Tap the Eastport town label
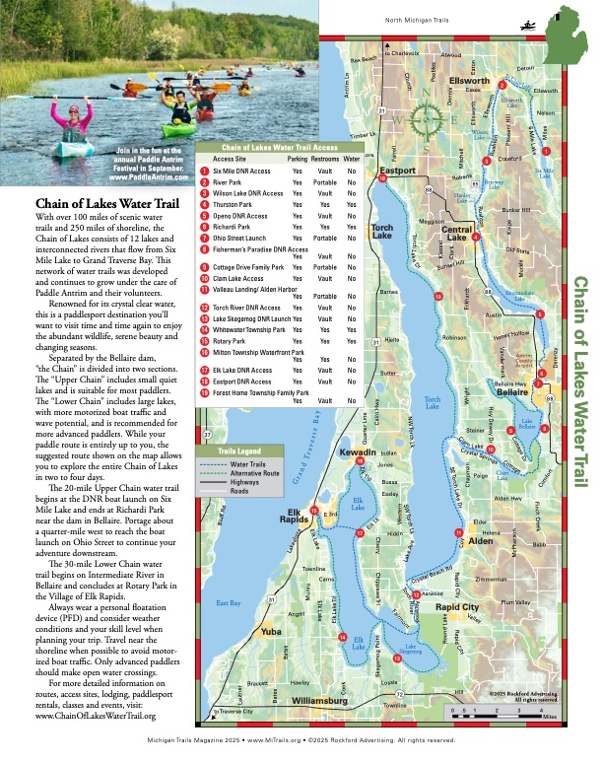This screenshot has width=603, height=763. coord(398,171)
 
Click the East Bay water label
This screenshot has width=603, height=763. coord(228,602)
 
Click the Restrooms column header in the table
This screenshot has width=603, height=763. coord(325,158)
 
